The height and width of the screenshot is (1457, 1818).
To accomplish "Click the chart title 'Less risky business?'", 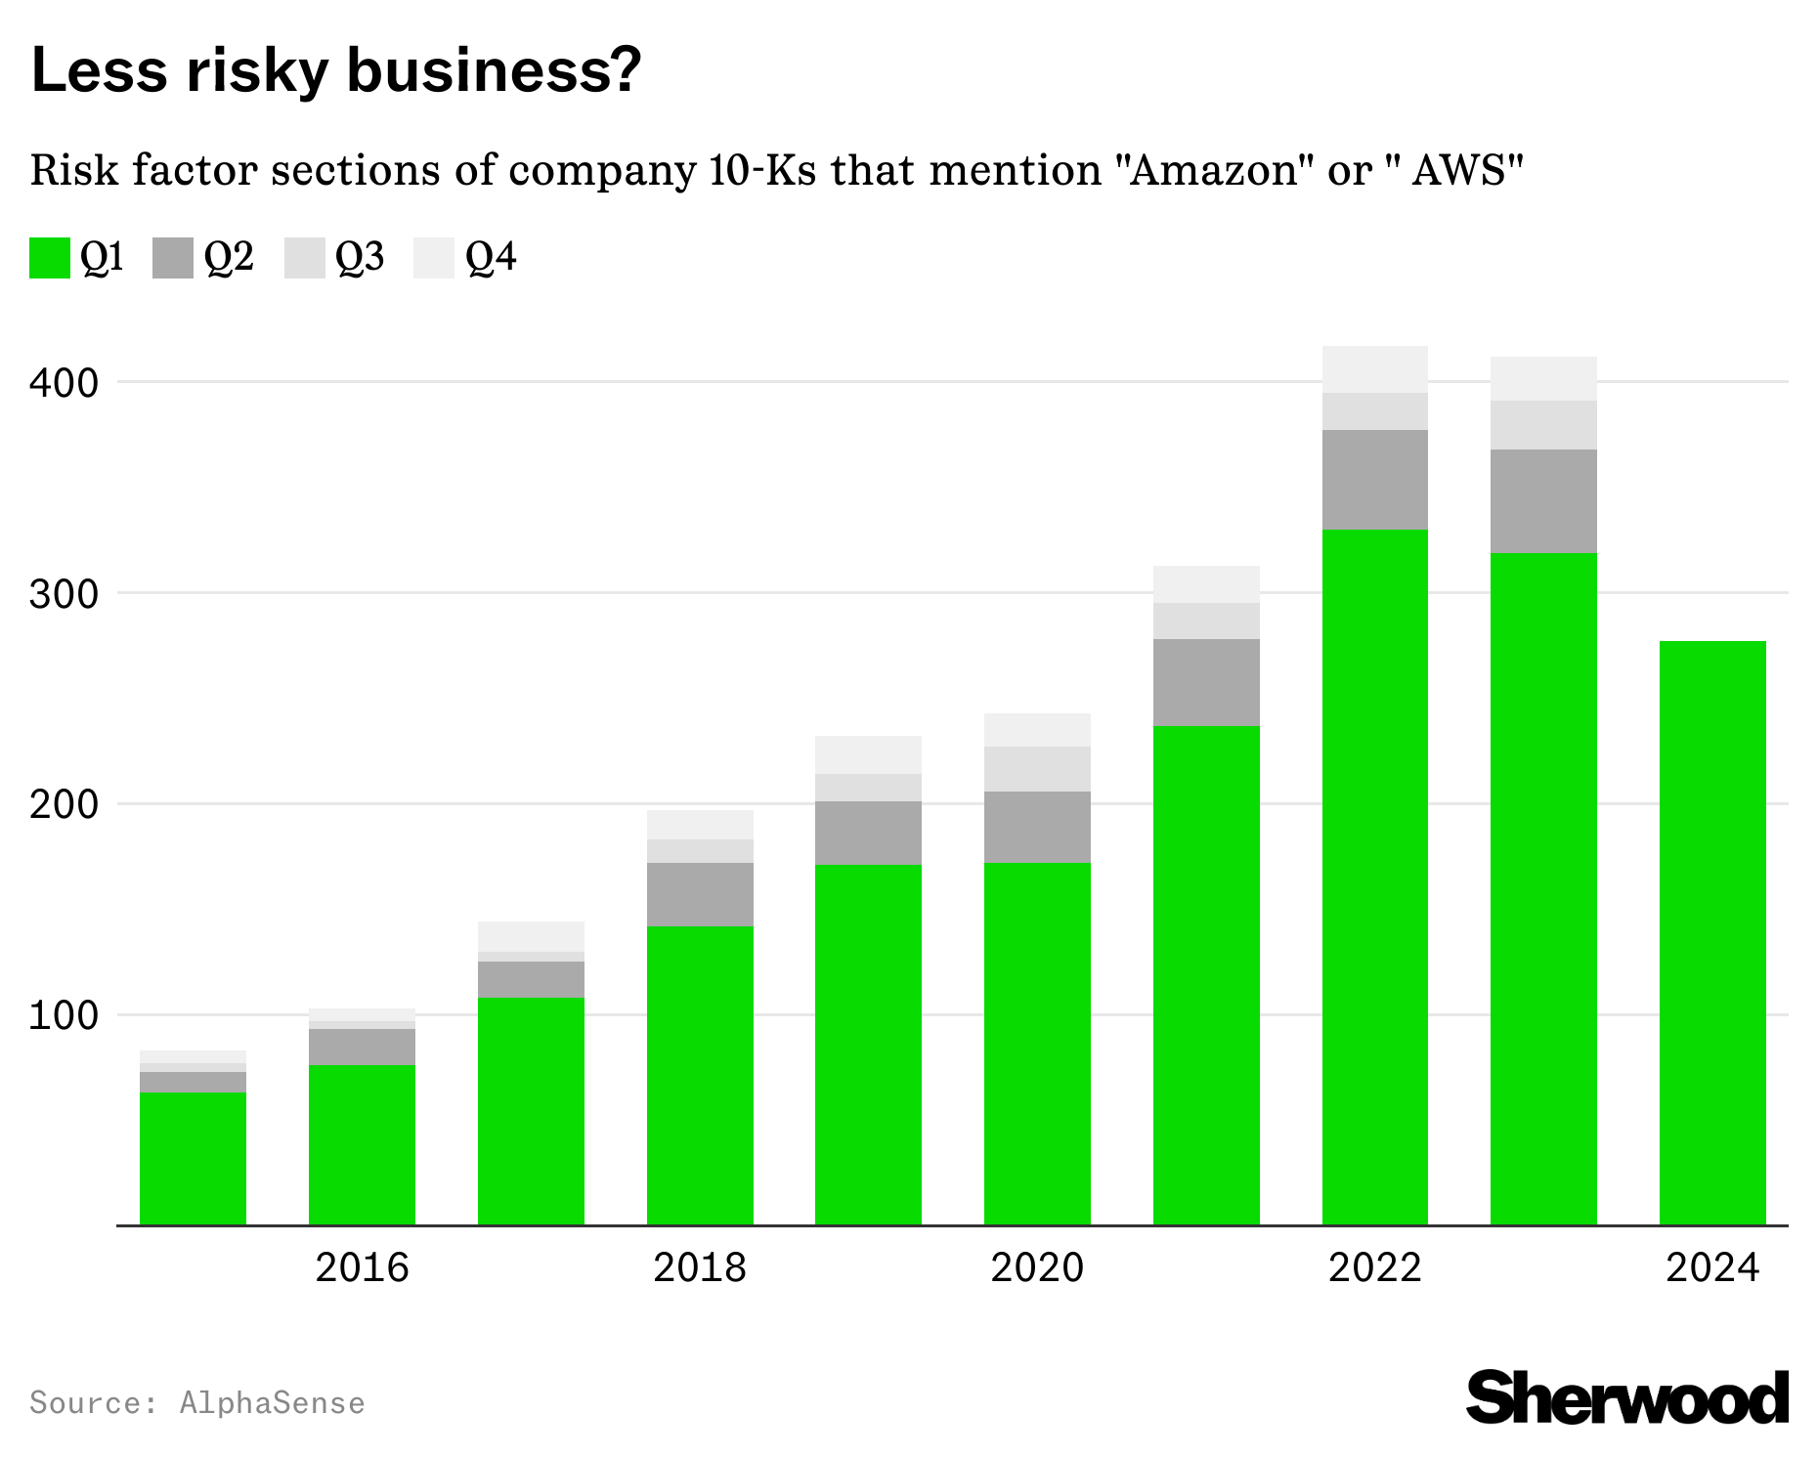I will click(x=336, y=70).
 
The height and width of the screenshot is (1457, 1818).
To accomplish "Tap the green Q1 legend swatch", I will click(x=50, y=258).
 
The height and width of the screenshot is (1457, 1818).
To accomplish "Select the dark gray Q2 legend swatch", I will click(x=173, y=258).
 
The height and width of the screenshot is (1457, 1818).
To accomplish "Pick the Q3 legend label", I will click(x=360, y=257).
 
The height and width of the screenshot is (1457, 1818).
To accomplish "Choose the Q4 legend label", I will click(x=491, y=257).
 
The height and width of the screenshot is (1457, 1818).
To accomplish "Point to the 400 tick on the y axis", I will click(x=65, y=382).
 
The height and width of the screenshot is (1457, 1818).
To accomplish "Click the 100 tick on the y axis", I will click(x=65, y=1015).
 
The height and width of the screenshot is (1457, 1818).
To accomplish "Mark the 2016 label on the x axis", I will click(x=362, y=1267).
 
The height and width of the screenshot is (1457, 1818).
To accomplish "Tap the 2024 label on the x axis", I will click(x=1712, y=1267).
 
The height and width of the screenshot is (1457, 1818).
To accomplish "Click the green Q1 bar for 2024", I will click(x=1712, y=933).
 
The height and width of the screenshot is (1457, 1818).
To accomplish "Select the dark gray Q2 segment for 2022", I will click(x=1375, y=480).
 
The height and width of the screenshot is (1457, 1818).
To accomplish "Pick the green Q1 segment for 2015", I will click(x=193, y=1159).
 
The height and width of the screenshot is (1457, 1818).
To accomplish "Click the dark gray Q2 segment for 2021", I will click(x=1206, y=682).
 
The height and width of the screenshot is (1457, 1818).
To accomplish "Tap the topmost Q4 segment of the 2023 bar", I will click(x=1543, y=379).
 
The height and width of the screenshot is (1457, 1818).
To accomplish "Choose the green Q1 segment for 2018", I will click(x=700, y=1075).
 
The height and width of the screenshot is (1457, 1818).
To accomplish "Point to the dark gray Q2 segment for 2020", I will click(x=1037, y=827).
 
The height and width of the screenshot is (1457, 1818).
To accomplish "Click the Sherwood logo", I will click(x=1626, y=1397).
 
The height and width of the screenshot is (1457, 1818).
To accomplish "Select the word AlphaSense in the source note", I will click(x=272, y=1403).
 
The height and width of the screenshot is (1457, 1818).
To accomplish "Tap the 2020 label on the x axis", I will click(x=1037, y=1267).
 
